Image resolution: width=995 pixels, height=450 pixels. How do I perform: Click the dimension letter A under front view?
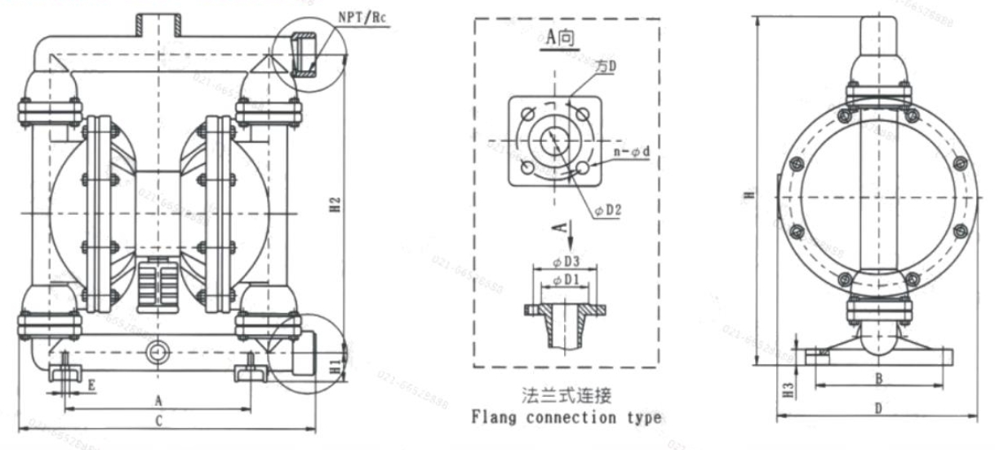pyautogui.click(x=158, y=401)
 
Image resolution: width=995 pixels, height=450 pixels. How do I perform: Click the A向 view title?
pyautogui.click(x=561, y=38)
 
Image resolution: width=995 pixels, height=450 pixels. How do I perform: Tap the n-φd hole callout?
pyautogui.click(x=630, y=152)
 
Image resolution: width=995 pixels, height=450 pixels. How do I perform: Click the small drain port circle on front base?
pyautogui.click(x=156, y=351)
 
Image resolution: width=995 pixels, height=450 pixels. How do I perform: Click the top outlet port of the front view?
pyautogui.click(x=158, y=23)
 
